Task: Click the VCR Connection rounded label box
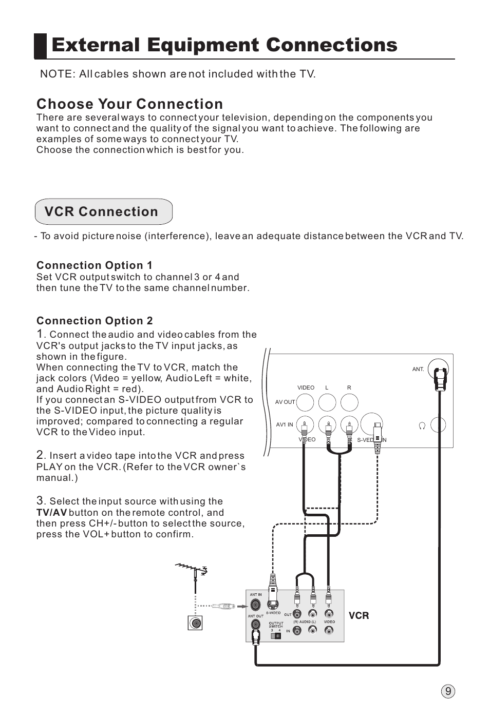[103, 211]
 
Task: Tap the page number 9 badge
[448, 691]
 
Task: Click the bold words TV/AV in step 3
[51, 513]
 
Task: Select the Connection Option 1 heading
[94, 265]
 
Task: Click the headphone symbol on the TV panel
[422, 425]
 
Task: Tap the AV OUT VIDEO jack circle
[305, 402]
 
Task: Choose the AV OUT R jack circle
[349, 402]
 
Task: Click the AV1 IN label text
[285, 425]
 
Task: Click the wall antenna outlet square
[195, 623]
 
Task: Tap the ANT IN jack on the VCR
[255, 605]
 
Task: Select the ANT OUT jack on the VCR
[255, 625]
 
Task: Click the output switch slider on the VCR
[276, 635]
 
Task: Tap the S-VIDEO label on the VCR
[273, 613]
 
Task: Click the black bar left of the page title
[41, 46]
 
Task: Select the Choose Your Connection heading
[129, 104]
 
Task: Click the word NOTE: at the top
[56, 74]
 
